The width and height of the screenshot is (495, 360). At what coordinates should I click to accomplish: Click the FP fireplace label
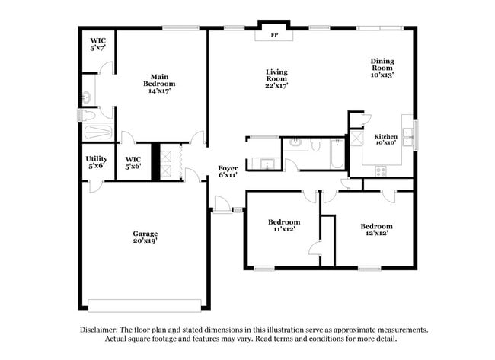274,35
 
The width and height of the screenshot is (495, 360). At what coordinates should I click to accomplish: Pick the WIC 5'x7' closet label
98,44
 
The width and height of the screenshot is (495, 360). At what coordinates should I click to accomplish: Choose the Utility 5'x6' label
97,162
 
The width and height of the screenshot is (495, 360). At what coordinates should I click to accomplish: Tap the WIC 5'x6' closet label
133,162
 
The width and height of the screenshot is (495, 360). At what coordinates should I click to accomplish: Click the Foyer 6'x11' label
228,171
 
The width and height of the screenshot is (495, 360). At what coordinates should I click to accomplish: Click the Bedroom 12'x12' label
376,230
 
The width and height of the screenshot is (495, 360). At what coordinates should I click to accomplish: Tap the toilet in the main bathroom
88,115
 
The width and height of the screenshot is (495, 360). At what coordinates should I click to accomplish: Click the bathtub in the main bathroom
97,132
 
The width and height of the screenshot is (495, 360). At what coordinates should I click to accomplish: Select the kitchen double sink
408,137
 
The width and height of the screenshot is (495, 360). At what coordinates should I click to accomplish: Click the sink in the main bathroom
87,97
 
